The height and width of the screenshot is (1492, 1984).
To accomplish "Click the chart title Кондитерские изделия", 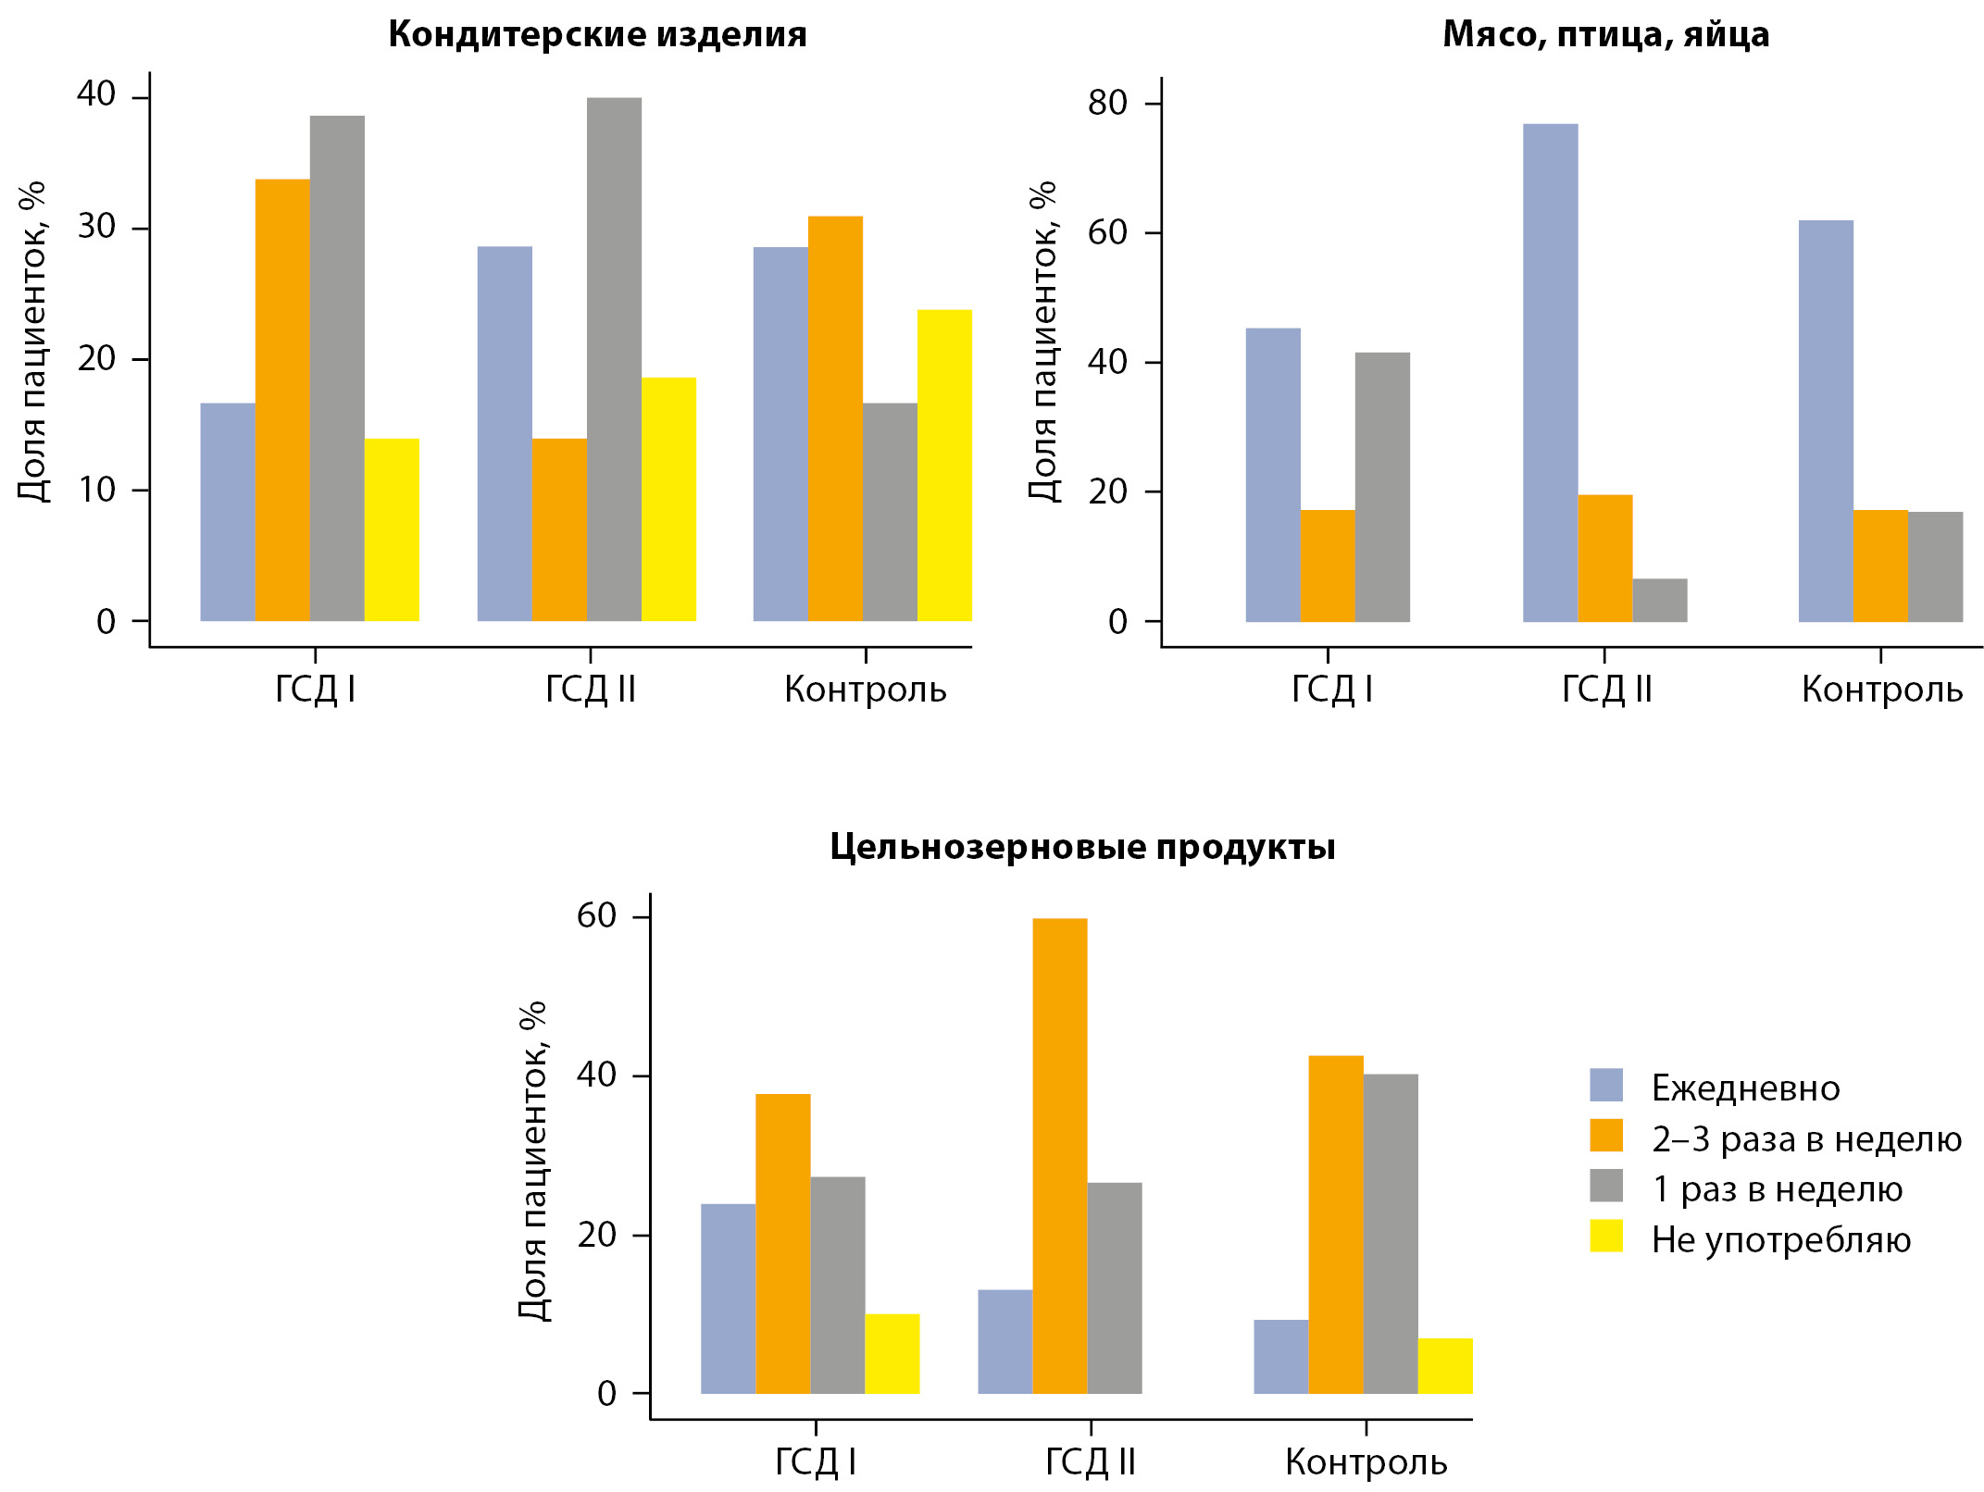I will [x=597, y=34].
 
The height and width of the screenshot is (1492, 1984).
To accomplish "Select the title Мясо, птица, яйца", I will [x=1605, y=34].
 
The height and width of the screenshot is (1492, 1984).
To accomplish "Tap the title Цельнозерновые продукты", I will [x=1082, y=847].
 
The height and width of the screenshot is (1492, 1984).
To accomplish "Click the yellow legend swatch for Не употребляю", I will [x=1606, y=1237].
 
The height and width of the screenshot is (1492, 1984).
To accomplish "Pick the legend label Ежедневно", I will [x=1745, y=1088].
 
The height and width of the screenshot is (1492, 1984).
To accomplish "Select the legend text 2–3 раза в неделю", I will [x=1806, y=1139].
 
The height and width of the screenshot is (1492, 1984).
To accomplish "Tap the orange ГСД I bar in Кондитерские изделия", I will [x=282, y=400].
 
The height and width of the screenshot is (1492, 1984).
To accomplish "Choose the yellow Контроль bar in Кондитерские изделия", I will [x=944, y=466].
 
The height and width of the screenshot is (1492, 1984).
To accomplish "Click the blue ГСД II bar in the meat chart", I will [x=1550, y=373].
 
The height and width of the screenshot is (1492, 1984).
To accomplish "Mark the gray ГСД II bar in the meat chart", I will [x=1660, y=601].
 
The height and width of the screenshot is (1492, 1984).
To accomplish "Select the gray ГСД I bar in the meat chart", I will [x=1382, y=487].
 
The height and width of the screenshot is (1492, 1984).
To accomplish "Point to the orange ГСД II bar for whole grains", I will [x=1059, y=1156].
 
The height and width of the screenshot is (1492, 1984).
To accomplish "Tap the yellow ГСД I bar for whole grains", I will [x=892, y=1354].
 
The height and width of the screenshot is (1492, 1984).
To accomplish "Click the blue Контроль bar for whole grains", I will [x=1280, y=1357].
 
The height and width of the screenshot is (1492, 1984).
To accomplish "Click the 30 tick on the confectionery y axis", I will [x=96, y=227].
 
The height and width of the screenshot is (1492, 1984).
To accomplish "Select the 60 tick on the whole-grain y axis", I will [x=596, y=916].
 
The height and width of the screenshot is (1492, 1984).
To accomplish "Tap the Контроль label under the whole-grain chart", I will [x=1366, y=1462].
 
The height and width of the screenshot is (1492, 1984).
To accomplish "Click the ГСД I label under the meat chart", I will [x=1330, y=690].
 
